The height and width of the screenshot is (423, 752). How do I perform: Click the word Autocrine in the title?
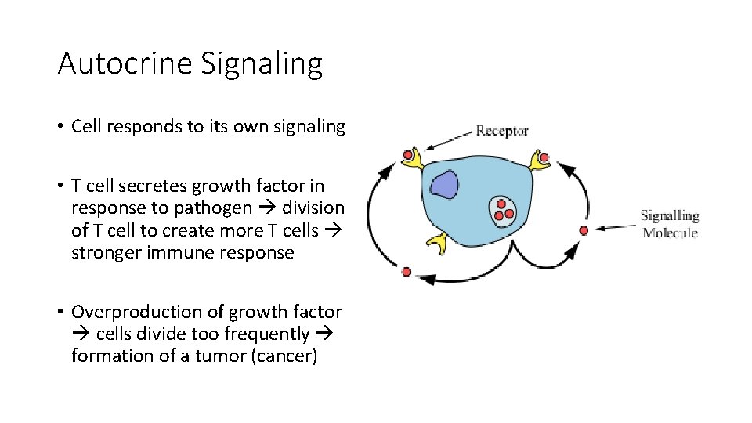[x=125, y=63]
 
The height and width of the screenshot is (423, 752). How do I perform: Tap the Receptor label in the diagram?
[x=502, y=131]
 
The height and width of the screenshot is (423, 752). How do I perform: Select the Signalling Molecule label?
[x=670, y=223]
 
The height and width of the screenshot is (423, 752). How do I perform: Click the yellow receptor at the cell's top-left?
[x=413, y=159]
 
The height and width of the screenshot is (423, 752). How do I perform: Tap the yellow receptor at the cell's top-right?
[x=540, y=161]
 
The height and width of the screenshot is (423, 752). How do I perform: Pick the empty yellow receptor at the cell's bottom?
[x=436, y=243]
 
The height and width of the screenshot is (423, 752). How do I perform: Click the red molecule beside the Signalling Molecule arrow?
[x=584, y=230]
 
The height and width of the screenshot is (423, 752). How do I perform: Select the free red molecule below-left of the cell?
[x=406, y=272]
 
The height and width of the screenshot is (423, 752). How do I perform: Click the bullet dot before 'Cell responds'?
[x=60, y=127]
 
